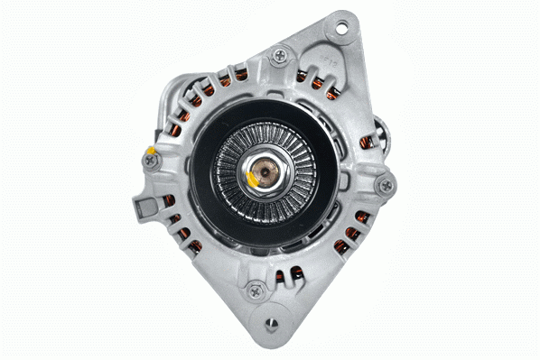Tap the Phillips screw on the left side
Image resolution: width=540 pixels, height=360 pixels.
pyautogui.click(x=149, y=160)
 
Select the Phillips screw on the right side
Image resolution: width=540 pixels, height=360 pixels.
pyautogui.click(x=386, y=185)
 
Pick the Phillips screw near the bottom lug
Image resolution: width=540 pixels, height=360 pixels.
pyautogui.click(x=256, y=291)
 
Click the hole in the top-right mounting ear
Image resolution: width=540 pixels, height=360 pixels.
pyautogui.click(x=342, y=25)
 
